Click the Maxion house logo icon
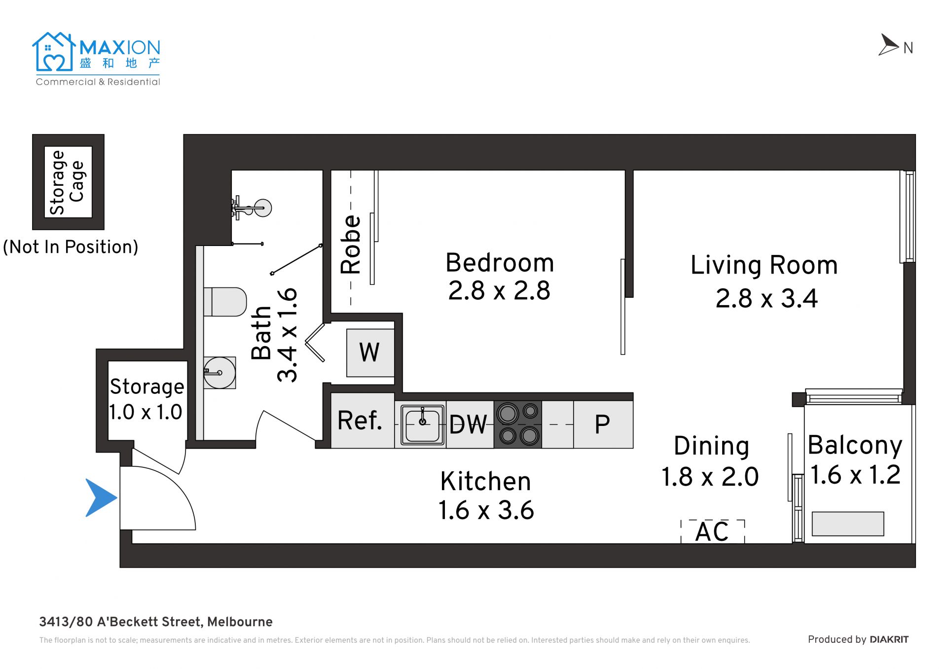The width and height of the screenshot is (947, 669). point(54,52)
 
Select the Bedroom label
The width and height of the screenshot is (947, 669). point(500,263)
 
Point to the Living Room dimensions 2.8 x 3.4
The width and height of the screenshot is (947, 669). point(766,298)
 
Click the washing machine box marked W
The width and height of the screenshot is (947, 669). point(370,353)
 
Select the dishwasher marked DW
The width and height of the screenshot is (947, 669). point(470,424)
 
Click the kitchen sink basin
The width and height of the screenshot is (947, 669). point(422,424)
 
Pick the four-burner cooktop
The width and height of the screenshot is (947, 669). point(518,424)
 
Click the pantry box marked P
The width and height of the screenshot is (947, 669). point(603,424)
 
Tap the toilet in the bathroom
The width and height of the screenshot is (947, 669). point(225,302)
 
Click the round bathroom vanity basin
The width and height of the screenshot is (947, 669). point(219,373)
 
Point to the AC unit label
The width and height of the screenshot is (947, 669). point(712,531)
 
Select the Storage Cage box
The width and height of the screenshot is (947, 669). point(68,182)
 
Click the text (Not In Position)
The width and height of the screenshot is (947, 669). point(71,247)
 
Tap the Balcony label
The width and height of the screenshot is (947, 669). point(855,446)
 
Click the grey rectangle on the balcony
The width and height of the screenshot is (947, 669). point(848,524)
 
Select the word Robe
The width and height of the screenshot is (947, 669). point(351,245)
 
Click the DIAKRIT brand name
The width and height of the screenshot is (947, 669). point(889,639)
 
